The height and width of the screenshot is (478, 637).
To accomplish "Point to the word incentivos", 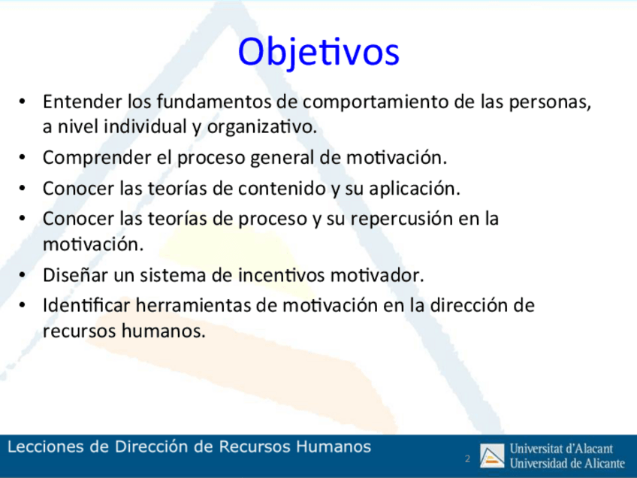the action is point(282,276).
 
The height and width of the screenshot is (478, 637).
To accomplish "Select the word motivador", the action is point(377,276).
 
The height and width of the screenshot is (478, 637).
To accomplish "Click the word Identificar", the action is point(86,306).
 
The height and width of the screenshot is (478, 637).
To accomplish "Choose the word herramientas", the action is point(193,306).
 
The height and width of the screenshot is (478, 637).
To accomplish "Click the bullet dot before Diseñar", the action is point(23,275).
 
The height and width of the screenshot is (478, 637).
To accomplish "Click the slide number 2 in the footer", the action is point(467,459).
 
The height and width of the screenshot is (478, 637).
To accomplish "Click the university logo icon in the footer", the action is point(492,455).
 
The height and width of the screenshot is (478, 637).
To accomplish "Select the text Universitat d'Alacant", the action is point(561,449).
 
